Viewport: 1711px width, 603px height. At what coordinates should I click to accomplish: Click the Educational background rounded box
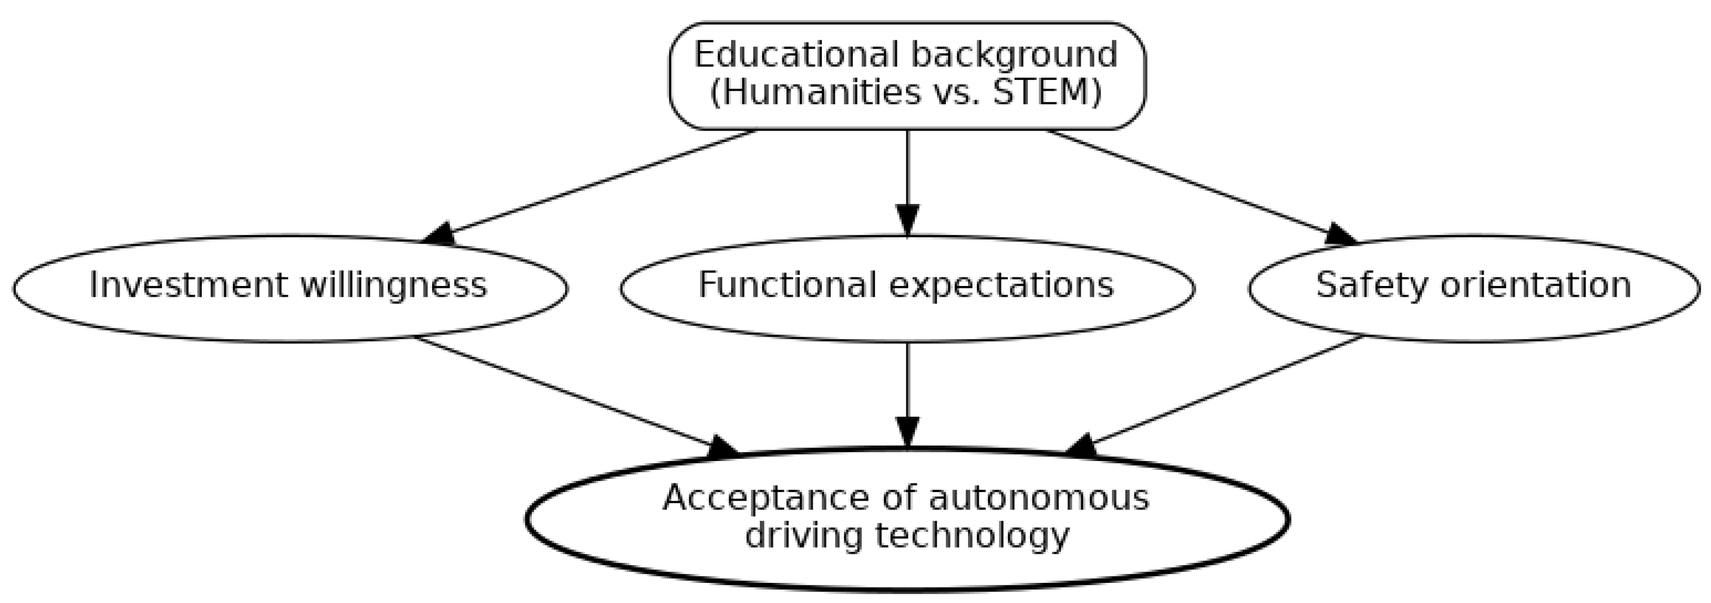(x=907, y=74)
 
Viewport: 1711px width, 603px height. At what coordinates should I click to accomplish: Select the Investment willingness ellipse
(x=290, y=288)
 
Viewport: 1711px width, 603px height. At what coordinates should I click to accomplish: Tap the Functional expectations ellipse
(x=907, y=288)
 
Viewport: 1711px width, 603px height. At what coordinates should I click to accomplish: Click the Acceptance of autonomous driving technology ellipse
(x=907, y=518)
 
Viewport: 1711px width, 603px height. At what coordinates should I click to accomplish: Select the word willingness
(x=394, y=285)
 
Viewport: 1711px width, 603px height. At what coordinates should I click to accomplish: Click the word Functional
(x=787, y=285)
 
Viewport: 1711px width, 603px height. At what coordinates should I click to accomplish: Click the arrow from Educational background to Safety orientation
(x=1196, y=186)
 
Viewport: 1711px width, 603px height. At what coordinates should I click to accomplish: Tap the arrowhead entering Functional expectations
(x=907, y=220)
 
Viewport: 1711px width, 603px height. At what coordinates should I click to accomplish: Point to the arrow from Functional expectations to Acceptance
(x=907, y=385)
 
